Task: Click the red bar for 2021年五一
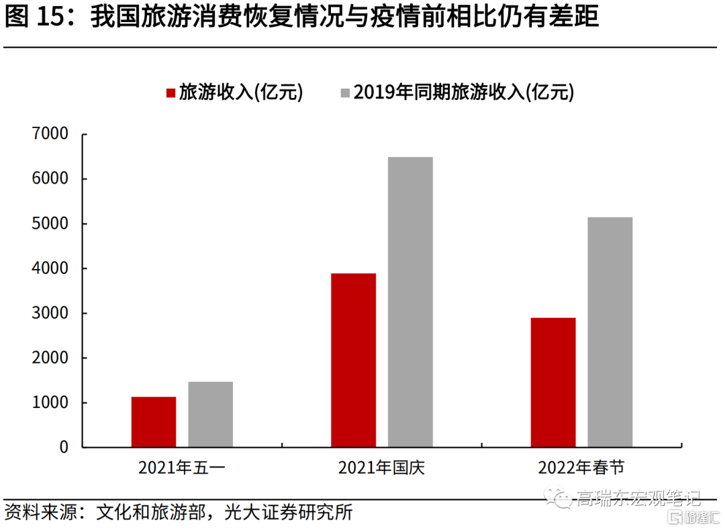(x=154, y=422)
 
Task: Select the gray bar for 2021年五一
(x=210, y=415)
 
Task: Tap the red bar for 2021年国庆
(x=353, y=360)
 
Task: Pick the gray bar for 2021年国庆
(x=410, y=302)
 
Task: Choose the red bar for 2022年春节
(x=552, y=382)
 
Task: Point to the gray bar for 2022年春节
(x=610, y=332)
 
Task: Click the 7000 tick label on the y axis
(x=50, y=134)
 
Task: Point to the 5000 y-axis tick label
(x=50, y=223)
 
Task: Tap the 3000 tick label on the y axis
(x=50, y=313)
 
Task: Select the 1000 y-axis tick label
(x=50, y=403)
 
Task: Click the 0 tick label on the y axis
(x=64, y=447)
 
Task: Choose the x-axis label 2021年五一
(x=182, y=468)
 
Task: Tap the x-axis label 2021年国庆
(x=381, y=468)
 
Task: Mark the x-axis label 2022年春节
(x=581, y=468)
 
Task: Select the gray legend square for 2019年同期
(x=345, y=93)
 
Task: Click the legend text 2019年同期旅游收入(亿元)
(x=464, y=93)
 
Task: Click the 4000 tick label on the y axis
(x=50, y=268)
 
